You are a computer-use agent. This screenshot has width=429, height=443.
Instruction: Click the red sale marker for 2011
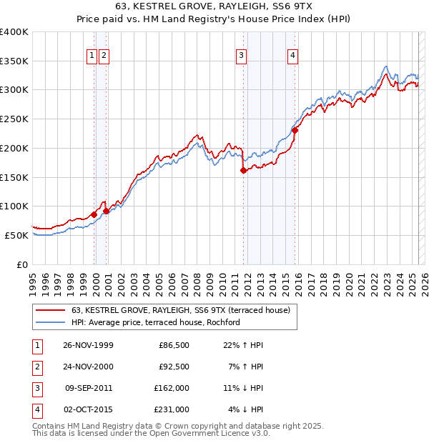point(244,170)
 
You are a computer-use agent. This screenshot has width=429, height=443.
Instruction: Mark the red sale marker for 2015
point(295,130)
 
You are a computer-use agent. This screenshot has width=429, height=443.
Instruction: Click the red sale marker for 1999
point(94,214)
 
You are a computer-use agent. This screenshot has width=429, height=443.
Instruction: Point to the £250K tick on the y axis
point(14,119)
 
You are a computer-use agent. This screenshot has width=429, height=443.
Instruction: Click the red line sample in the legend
point(50,311)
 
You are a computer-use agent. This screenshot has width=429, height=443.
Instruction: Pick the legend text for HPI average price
point(155,322)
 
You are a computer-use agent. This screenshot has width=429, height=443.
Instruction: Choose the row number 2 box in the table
point(36,367)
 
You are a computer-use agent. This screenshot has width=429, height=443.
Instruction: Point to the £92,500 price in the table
point(174,367)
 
